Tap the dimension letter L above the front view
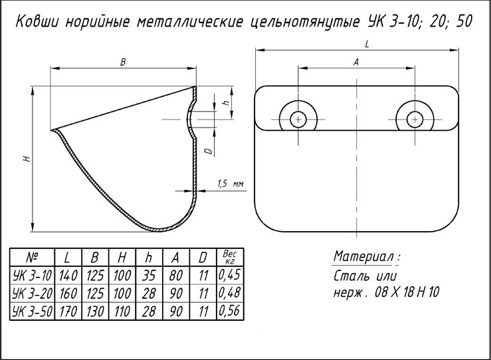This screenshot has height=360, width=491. pos(367,43)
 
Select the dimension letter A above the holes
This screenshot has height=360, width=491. pos(356,62)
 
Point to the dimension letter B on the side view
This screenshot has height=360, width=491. pos(123,62)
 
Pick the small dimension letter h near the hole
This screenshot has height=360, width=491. pos(226,104)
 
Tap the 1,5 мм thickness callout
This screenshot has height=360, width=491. pos(230,184)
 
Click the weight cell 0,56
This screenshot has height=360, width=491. pos(230,310)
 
